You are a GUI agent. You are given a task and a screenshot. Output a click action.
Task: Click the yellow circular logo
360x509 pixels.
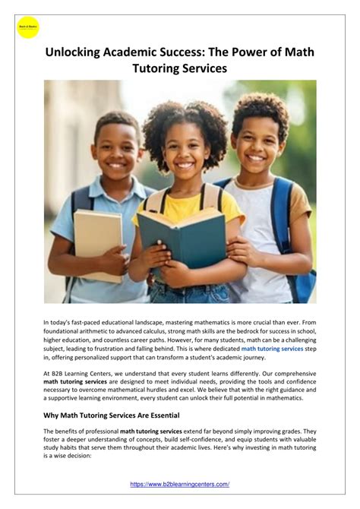pos(27,27)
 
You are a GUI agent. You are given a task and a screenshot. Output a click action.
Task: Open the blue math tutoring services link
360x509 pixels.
pos(272,349)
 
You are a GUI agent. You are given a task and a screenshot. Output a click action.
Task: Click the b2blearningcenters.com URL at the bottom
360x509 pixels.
pos(180,484)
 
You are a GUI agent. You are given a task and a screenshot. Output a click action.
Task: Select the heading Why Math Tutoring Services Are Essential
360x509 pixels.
pos(111,415)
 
